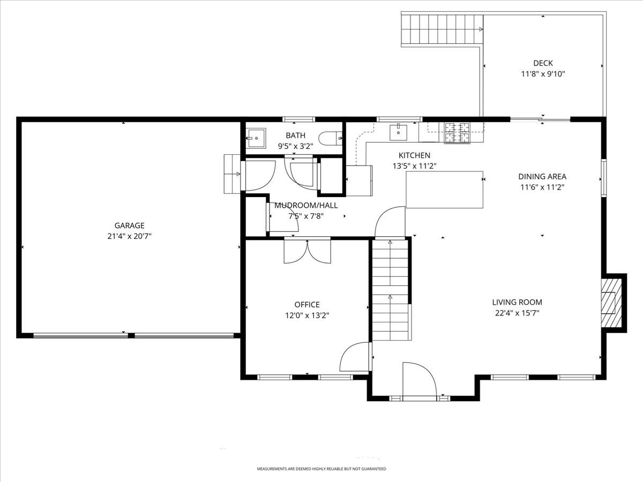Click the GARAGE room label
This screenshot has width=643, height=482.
coord(129,225)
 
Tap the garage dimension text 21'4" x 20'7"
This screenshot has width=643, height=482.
coord(129,236)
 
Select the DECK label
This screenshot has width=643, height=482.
coord(542,63)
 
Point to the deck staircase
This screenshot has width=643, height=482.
coord(442,29)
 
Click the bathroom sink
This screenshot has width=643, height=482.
coord(256,138)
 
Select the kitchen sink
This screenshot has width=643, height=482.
coord(398,131)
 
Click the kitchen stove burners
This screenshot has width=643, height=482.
coord(457,133)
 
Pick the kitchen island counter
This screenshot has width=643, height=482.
coord(444,190)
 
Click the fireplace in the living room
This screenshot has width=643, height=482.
coord(610,303)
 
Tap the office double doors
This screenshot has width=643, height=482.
coord(307,251)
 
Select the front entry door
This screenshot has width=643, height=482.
coord(419,380)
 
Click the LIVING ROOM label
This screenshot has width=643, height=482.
coord(517,302)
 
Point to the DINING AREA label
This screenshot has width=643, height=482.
coord(542,176)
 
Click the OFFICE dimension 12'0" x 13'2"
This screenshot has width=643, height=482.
coord(307,315)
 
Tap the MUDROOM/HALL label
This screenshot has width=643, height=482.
coord(306,205)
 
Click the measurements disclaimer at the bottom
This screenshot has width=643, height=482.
coord(321,469)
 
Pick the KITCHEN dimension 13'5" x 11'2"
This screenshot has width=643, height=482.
coord(414,166)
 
